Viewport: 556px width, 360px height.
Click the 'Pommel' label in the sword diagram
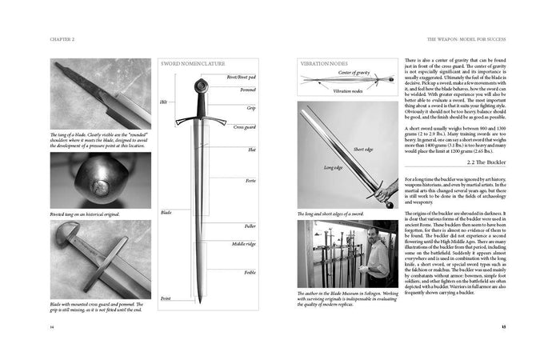click(x=248, y=90)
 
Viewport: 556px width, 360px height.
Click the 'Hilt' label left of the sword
click(x=164, y=102)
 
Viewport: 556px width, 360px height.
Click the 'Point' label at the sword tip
click(x=166, y=298)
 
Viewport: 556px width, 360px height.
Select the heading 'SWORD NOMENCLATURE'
click(x=193, y=62)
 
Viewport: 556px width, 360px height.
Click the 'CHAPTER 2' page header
click(x=64, y=38)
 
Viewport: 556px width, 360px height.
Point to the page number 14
click(x=52, y=326)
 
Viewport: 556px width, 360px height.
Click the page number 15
click(x=503, y=326)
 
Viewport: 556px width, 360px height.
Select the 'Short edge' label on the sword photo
click(x=363, y=150)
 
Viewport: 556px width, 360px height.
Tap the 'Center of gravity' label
click(x=352, y=73)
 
